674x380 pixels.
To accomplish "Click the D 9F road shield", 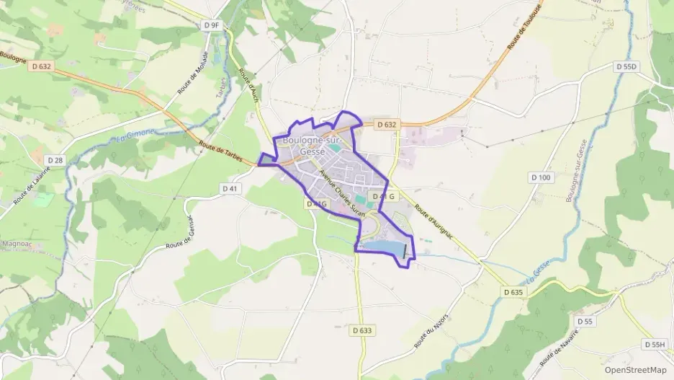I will tap(211, 25).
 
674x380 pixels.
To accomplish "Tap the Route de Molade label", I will tap(192, 73).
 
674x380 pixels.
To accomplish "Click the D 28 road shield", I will tap(55, 159).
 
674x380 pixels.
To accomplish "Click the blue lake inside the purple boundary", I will tap(382, 248).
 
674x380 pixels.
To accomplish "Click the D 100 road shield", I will tap(540, 177).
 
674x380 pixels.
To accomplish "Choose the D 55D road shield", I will tap(626, 66).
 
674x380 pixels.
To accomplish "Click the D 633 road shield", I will tap(363, 330).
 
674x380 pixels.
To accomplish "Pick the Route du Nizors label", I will tap(432, 331).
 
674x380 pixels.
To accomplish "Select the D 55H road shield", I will tap(655, 345).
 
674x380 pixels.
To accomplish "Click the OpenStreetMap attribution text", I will tap(635, 369).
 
